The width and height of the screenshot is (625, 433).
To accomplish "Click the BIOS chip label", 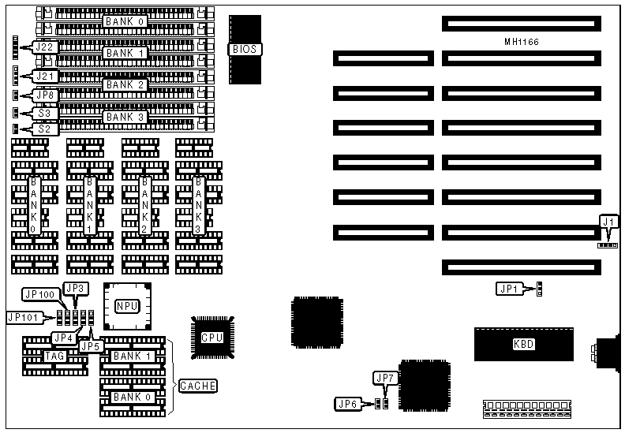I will (245, 49).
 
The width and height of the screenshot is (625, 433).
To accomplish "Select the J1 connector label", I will (608, 222).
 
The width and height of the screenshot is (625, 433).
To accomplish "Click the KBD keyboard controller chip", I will (522, 343).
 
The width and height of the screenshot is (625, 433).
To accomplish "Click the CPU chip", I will (212, 337).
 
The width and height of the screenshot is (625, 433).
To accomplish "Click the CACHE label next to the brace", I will (197, 386).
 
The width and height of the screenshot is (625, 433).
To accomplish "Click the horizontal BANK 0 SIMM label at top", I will (125, 21).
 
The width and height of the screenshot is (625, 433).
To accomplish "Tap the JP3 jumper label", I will (75, 288).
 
